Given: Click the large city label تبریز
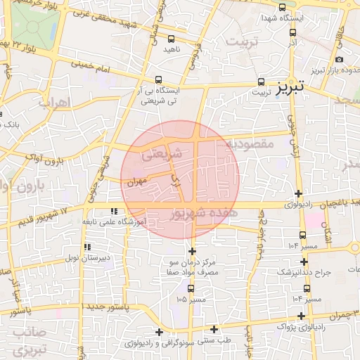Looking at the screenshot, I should [290, 88].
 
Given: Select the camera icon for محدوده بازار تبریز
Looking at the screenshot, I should [340, 60].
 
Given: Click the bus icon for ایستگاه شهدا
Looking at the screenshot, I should [282, 8].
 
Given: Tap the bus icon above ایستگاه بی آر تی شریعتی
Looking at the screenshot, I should [159, 79].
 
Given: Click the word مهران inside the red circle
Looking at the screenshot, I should [136, 181].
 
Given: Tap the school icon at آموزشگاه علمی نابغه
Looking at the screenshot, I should [114, 211].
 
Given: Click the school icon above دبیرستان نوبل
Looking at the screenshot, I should [87, 247].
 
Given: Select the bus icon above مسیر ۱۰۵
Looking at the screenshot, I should [191, 288].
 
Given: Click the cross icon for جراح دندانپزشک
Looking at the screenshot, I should [304, 262].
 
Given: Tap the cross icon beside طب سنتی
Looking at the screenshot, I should [214, 329].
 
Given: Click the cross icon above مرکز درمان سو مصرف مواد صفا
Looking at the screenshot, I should [192, 250].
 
